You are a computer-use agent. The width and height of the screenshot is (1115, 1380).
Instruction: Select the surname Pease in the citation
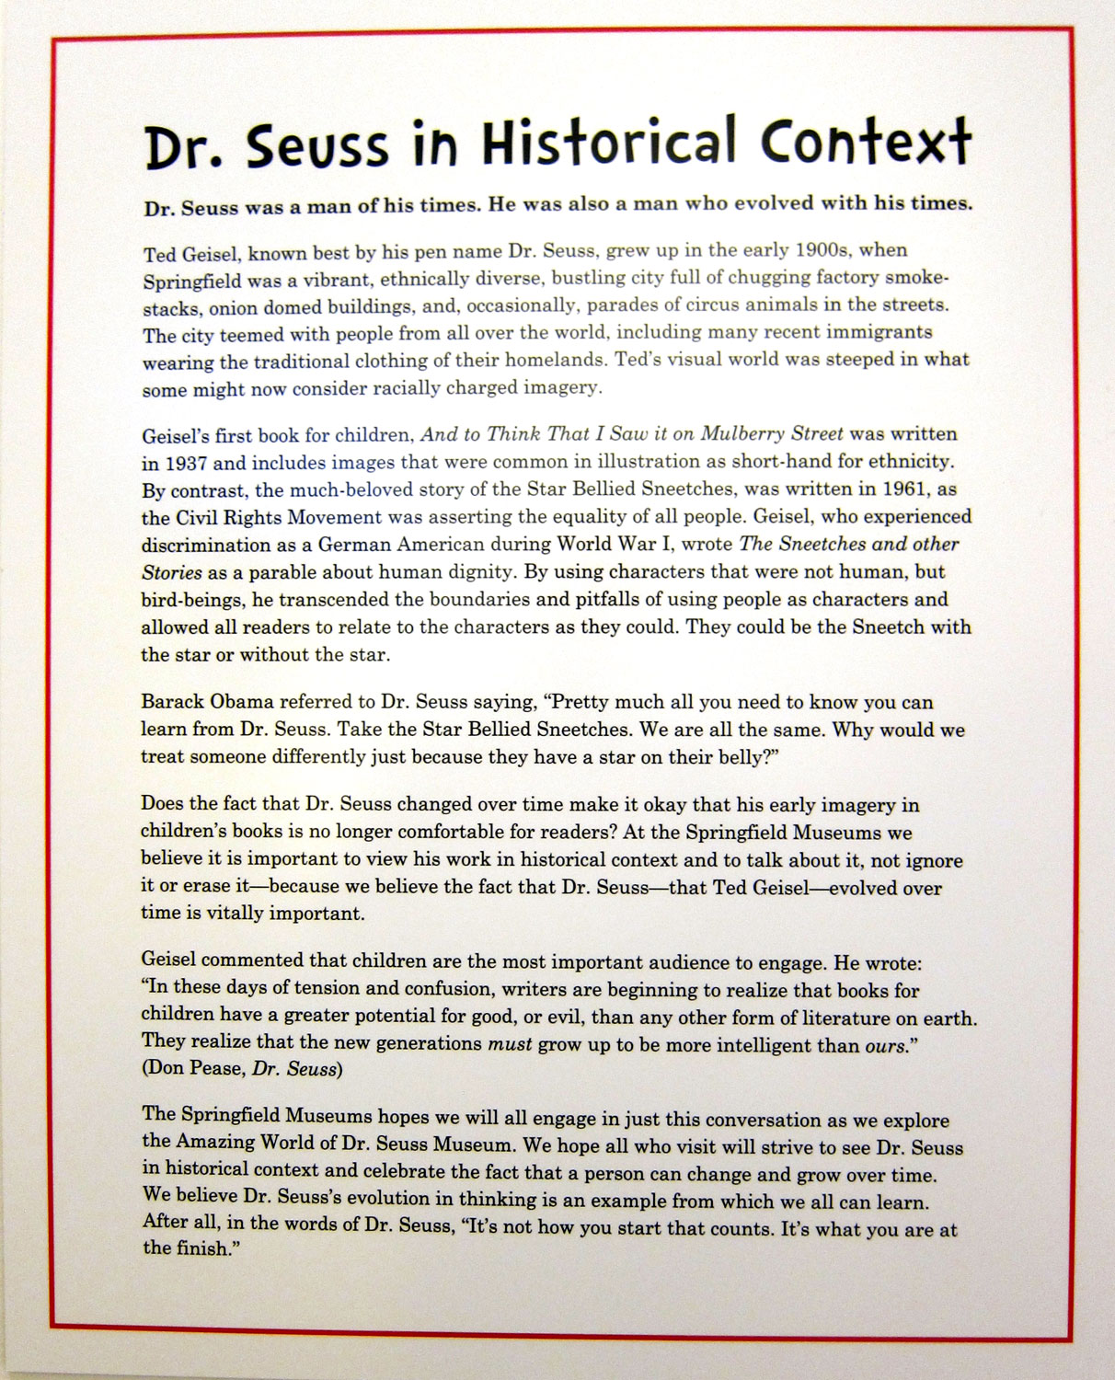tap(213, 1070)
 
